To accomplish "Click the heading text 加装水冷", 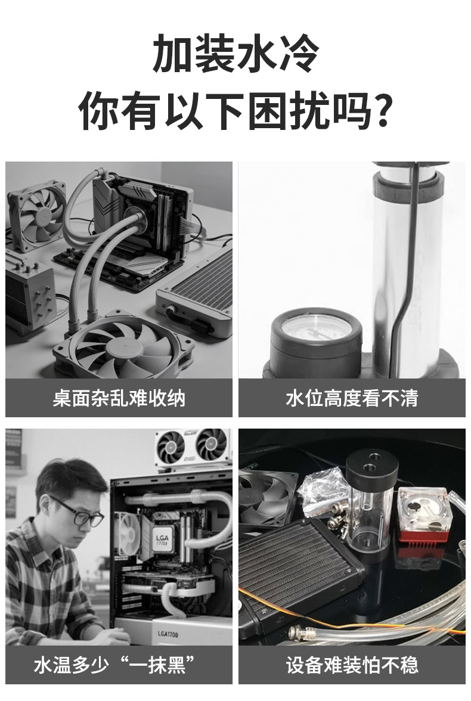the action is coord(235,54).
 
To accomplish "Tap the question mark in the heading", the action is coord(382,110).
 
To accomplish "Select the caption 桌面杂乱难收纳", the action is coord(119,398).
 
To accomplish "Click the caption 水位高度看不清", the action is coord(352,398).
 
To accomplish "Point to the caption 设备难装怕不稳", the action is coord(352,665).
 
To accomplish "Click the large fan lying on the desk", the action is coord(124,346).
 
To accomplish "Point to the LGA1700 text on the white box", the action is coord(168,634).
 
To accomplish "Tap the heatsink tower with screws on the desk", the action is coord(29,293).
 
